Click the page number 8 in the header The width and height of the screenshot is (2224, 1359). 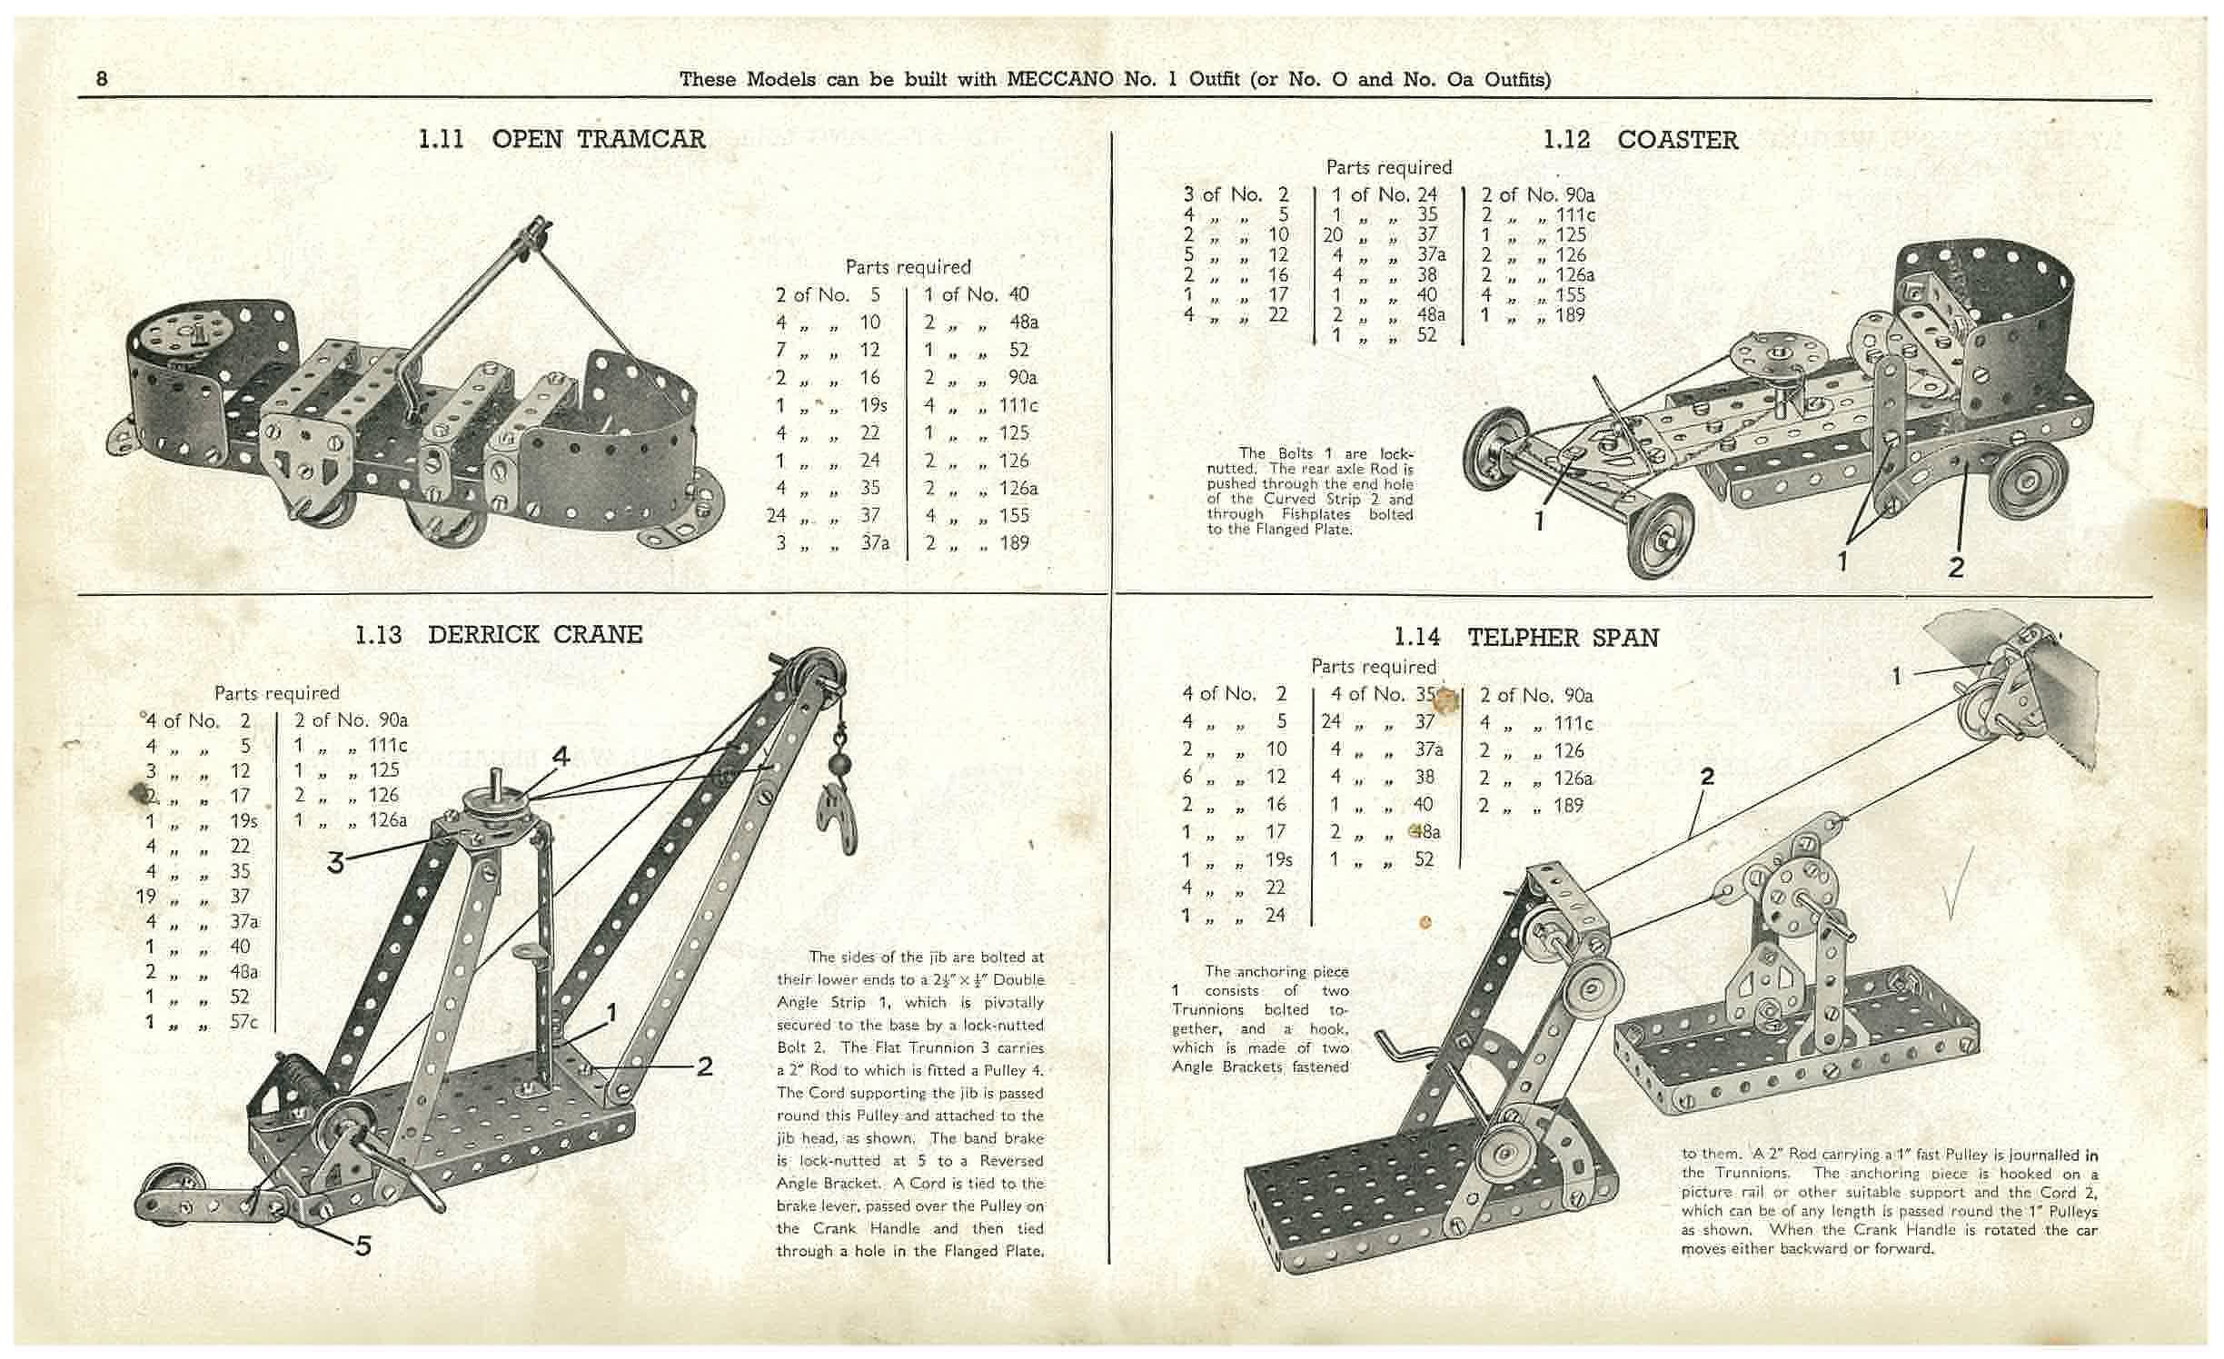click(x=102, y=79)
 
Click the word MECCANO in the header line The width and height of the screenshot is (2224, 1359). click(x=1060, y=79)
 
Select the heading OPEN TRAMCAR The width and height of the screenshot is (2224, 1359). click(x=598, y=139)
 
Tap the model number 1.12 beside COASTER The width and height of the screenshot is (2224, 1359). click(x=1566, y=140)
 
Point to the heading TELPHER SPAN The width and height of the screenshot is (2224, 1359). click(x=1563, y=638)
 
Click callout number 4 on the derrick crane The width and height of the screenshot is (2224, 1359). click(x=561, y=755)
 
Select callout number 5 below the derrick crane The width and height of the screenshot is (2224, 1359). click(x=362, y=1245)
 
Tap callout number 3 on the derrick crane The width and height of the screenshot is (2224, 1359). click(x=336, y=862)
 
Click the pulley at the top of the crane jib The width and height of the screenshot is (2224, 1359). click(x=814, y=673)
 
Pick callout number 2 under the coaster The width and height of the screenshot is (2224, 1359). click(x=1956, y=568)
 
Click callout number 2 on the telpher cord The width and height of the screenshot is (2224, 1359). click(x=1707, y=776)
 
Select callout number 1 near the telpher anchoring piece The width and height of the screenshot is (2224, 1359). click(x=1897, y=676)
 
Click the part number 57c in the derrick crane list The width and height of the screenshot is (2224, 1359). click(x=243, y=1022)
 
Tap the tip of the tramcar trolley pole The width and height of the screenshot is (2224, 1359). click(x=541, y=224)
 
